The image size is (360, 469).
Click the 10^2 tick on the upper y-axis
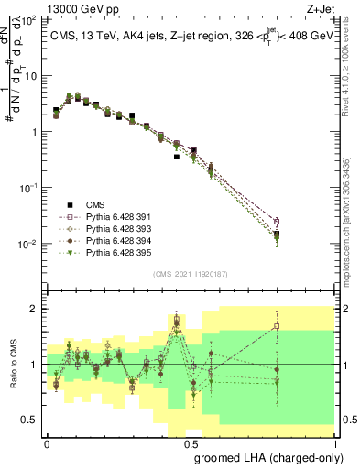[x=28, y=19]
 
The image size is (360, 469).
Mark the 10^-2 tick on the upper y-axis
[x=27, y=244]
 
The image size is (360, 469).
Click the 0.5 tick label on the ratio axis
[x=31, y=420]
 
